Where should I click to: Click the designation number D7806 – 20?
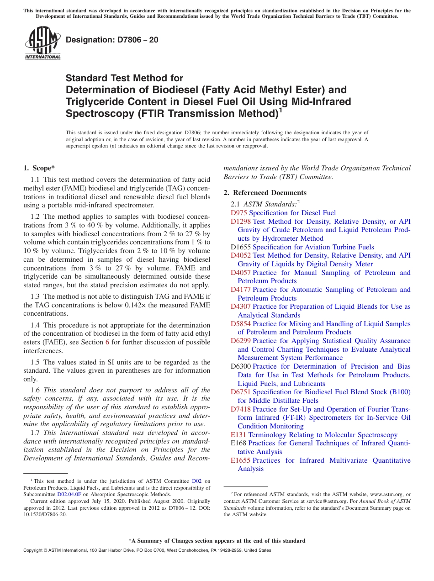112,40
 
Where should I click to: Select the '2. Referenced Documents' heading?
265,193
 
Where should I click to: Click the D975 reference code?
238,213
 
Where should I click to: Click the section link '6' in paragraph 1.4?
107,343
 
